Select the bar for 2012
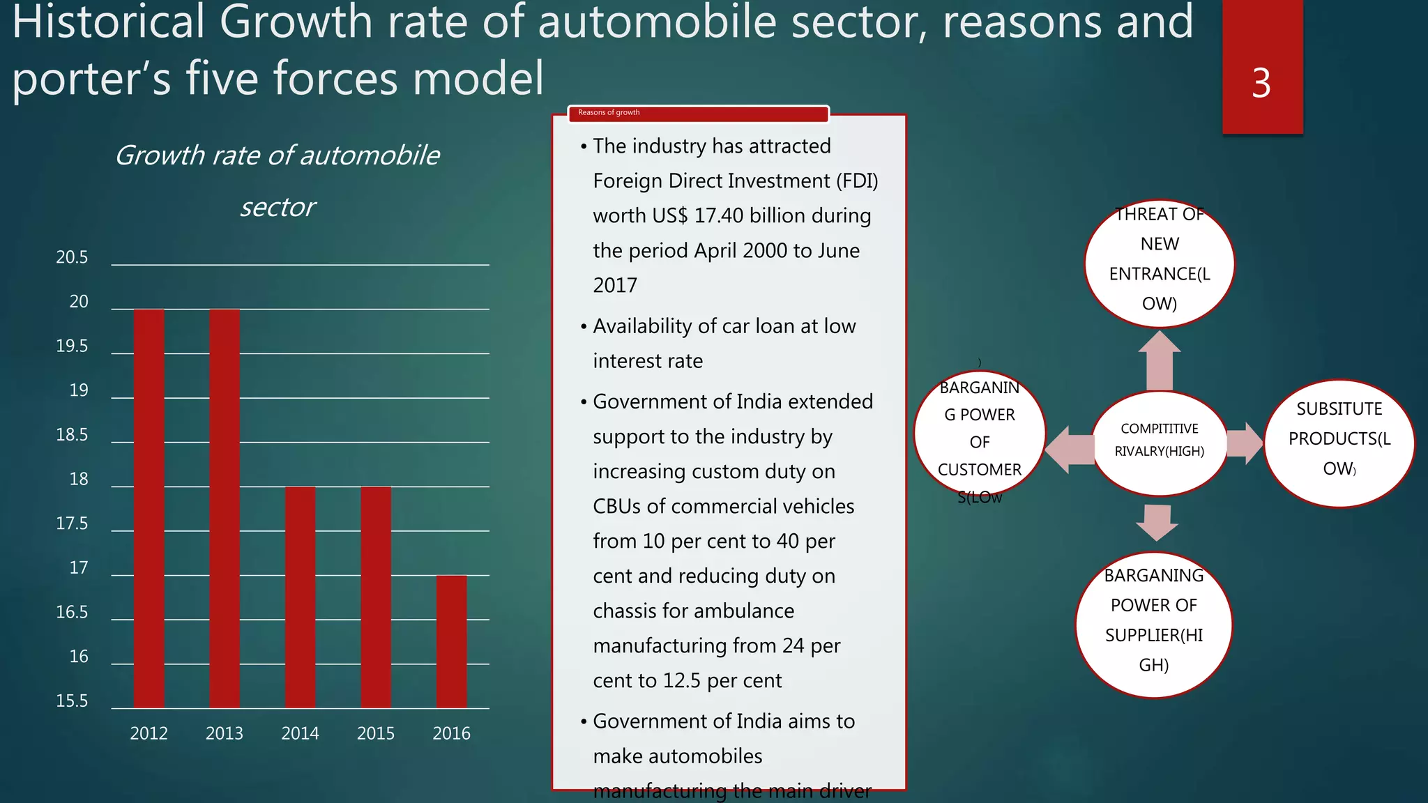click(149, 509)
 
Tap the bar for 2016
click(451, 641)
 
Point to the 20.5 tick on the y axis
click(72, 257)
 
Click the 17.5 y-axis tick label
click(72, 523)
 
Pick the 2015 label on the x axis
click(375, 733)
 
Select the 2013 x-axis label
click(224, 733)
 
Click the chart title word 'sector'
click(278, 207)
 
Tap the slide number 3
click(1261, 83)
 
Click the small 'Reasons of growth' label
click(608, 113)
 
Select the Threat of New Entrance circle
click(1159, 264)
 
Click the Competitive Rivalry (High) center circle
click(1159, 443)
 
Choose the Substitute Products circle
click(1339, 443)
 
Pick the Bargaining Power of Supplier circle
click(1153, 624)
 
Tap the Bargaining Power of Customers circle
click(979, 434)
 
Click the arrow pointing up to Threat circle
click(1159, 360)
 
